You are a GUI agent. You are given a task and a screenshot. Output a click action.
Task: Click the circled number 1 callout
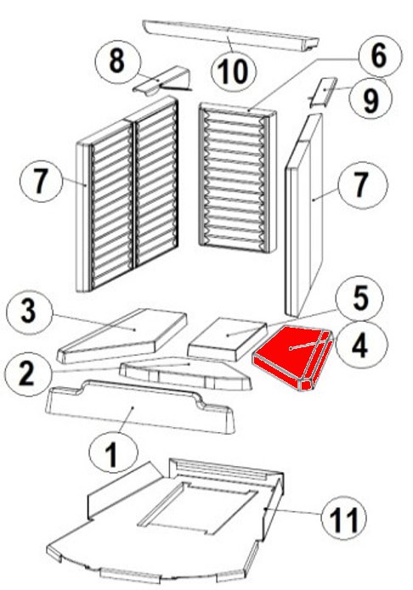113,455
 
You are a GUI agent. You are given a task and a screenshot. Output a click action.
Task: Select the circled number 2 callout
27,374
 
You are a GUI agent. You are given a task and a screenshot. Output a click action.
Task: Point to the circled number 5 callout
360,299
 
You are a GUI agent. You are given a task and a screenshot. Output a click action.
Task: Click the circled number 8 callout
117,61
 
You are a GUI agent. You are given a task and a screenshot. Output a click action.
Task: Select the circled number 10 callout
234,72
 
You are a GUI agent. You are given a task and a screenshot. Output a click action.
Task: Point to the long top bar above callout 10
230,37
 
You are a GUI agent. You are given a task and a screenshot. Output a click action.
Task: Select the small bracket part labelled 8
163,81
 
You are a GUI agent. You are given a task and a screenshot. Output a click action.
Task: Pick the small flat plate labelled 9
323,93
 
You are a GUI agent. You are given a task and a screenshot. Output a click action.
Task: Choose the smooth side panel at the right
304,215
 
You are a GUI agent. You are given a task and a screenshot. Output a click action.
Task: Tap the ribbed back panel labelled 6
237,177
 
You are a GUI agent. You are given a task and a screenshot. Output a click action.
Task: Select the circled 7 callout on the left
41,180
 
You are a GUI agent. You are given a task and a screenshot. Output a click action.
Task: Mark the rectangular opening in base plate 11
198,508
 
